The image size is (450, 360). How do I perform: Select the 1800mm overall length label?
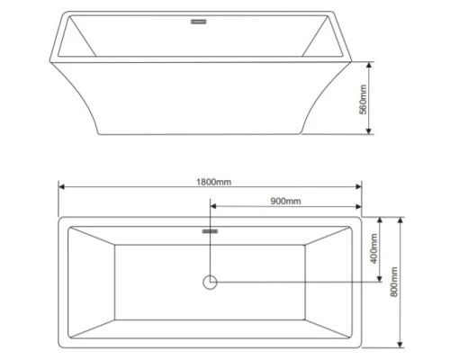pos(213,181)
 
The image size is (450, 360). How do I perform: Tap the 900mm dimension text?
pos(285,202)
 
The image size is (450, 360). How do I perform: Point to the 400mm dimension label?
pos(371,248)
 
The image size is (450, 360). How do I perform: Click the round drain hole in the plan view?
pos(211,282)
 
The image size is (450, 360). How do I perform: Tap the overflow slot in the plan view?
pos(211,230)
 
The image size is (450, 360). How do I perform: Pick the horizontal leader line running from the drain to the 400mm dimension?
pos(297,282)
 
